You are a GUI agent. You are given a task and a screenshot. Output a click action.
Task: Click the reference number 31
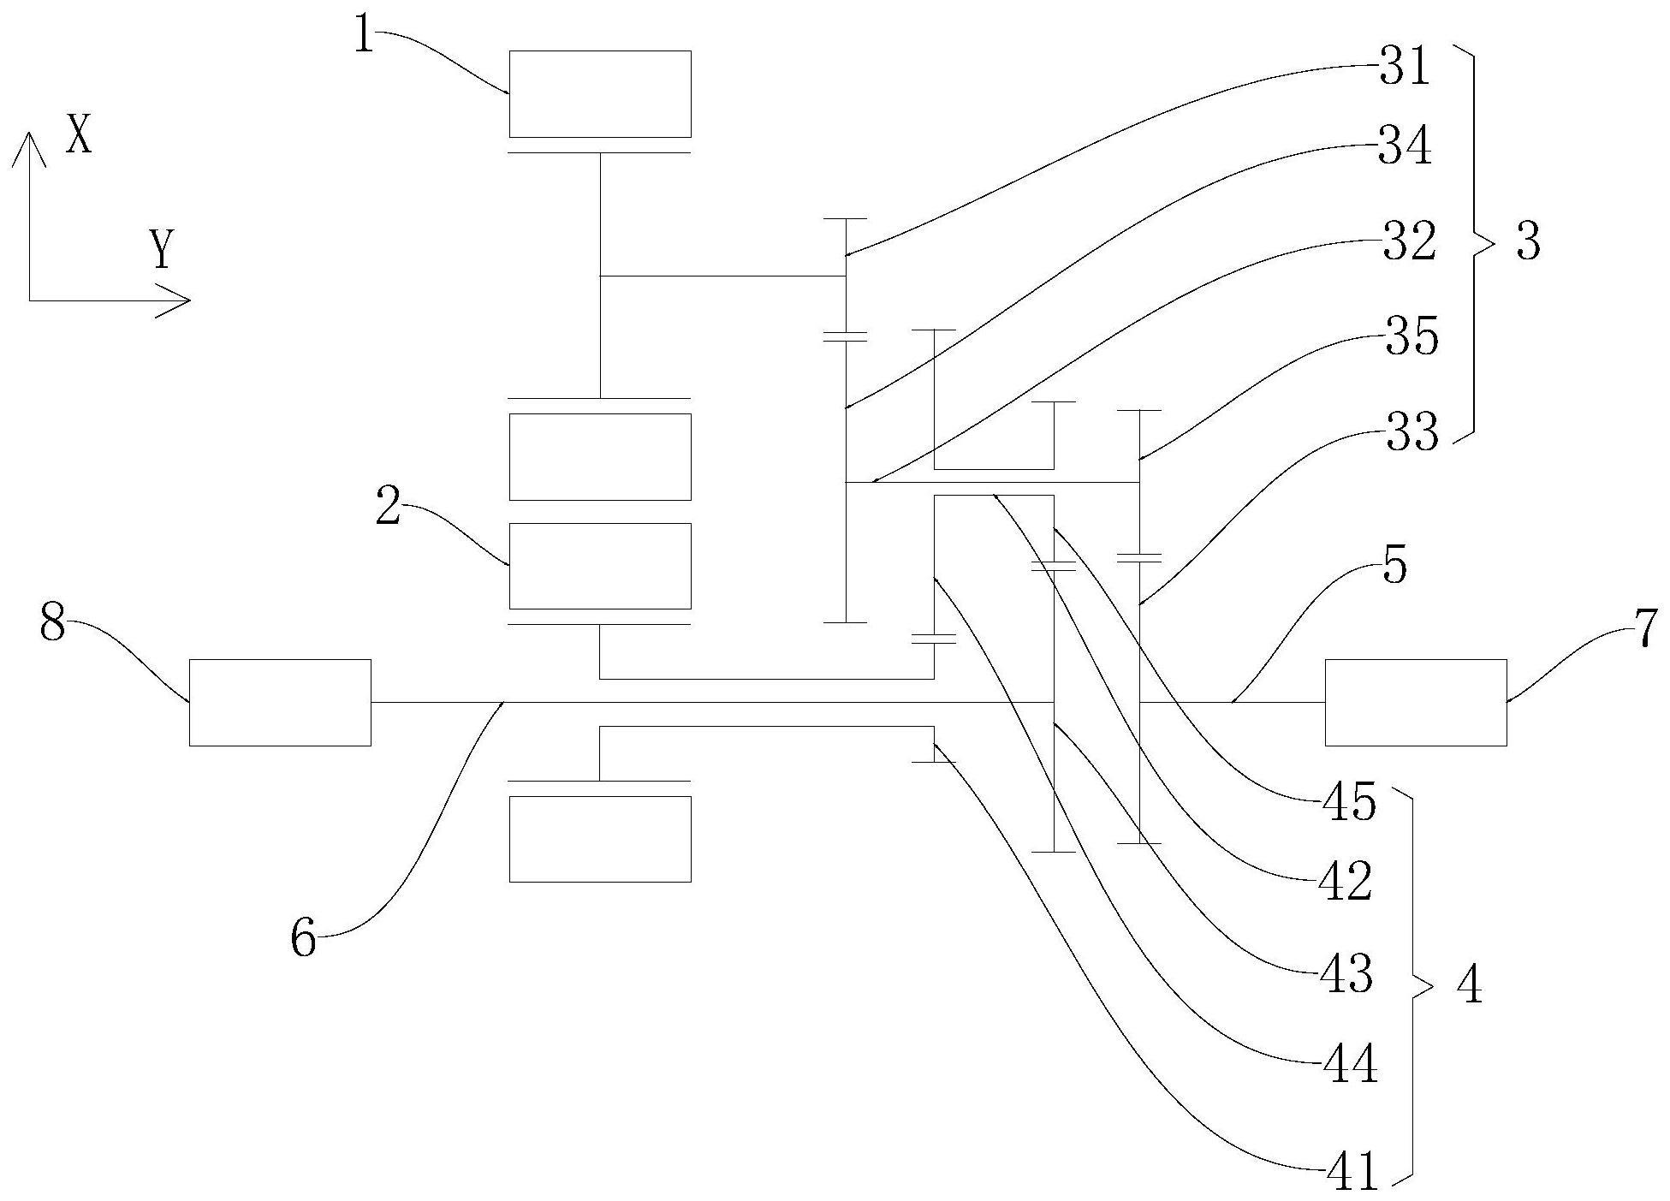[x=1405, y=67]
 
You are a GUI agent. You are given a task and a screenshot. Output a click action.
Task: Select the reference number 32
[x=1406, y=243]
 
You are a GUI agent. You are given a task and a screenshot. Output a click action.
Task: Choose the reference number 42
[x=1346, y=882]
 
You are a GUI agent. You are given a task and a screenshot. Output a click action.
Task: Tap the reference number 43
[x=1346, y=974]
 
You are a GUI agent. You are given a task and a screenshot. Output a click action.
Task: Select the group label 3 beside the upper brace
[x=1528, y=242]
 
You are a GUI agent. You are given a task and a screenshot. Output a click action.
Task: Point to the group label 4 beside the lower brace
[x=1469, y=987]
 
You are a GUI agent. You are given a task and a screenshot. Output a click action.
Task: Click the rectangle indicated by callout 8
[x=280, y=702]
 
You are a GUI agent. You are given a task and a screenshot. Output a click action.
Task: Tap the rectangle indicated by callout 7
[x=1416, y=702]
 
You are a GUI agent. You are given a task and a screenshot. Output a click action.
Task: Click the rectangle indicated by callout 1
[x=600, y=94]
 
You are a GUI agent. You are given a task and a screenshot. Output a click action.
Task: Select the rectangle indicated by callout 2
[x=600, y=566]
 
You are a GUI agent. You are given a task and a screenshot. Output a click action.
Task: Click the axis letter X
[x=79, y=135]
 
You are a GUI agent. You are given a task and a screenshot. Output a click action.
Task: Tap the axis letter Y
[x=161, y=250]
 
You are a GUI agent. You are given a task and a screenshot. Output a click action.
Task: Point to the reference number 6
[x=304, y=938]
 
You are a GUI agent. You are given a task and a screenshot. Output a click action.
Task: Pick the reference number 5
[x=1395, y=566]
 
